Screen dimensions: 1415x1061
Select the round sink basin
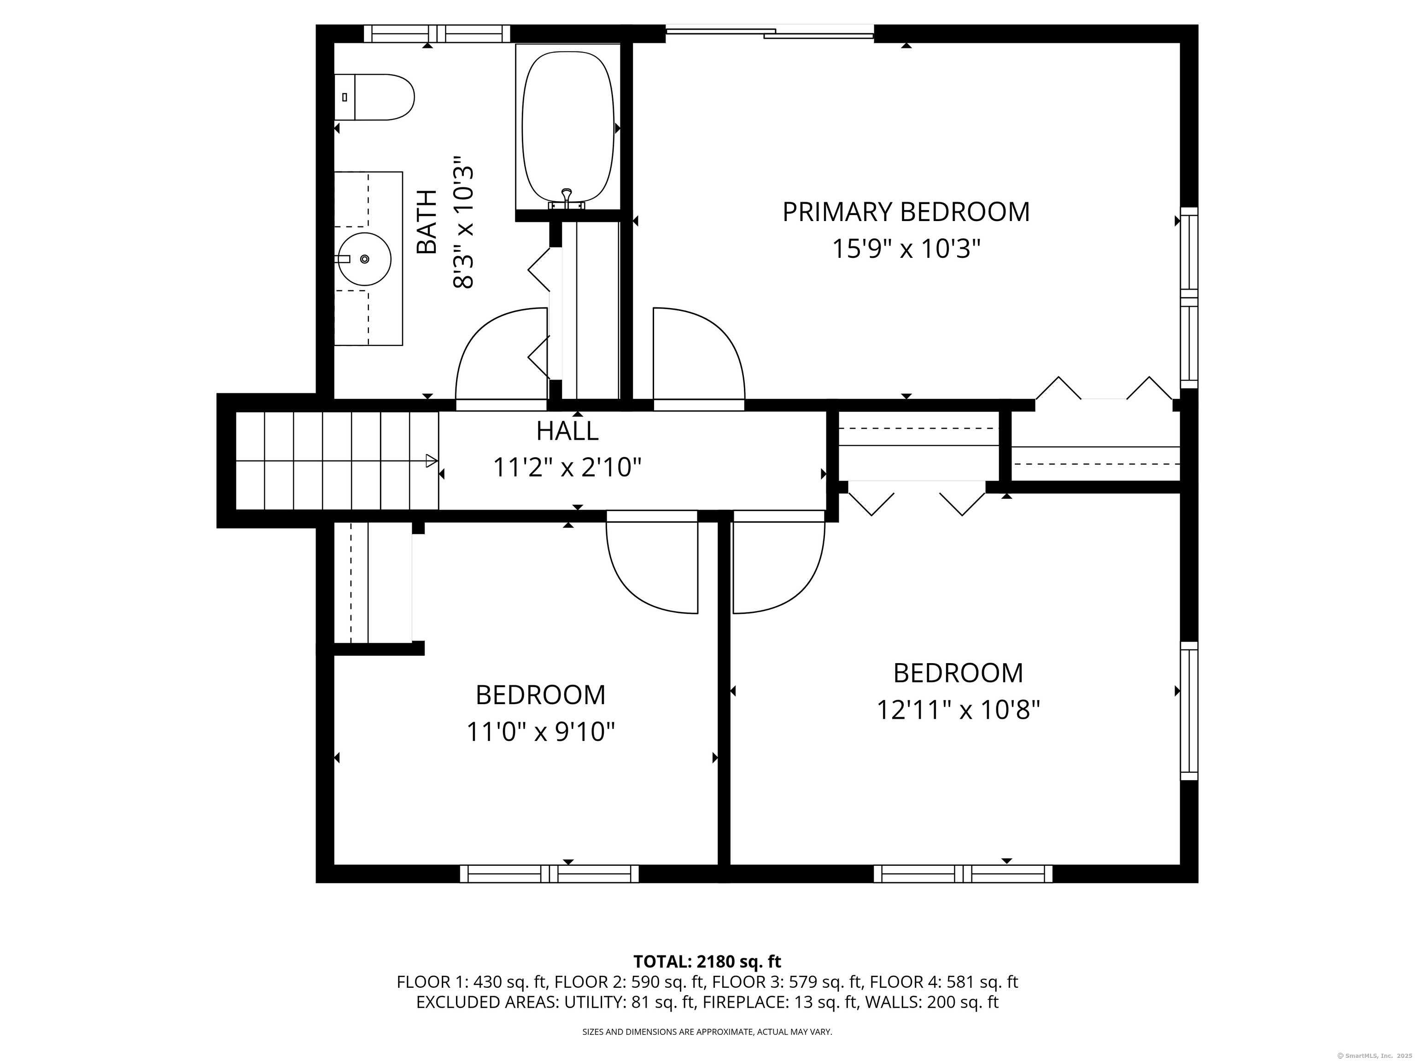[364, 259]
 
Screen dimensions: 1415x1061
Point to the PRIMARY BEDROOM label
[906, 212]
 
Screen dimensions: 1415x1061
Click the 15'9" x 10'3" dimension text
[906, 249]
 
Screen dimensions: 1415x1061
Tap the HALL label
[567, 431]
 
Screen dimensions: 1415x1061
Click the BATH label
[427, 222]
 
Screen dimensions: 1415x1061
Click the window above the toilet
[437, 33]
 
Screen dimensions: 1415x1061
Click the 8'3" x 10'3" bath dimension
[464, 222]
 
